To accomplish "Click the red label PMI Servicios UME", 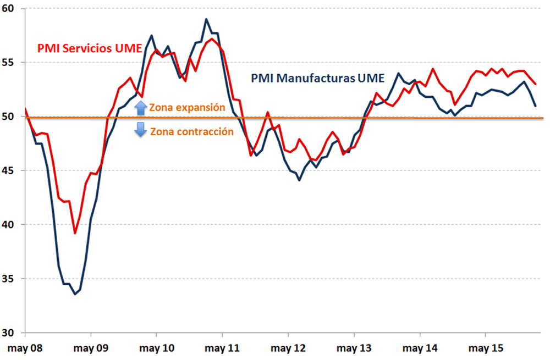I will (90, 48).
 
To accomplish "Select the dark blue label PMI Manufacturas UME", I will (317, 78).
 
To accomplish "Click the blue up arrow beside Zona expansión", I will (141, 108).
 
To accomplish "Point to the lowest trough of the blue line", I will (75, 294).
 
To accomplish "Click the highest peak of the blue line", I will (206, 19).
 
